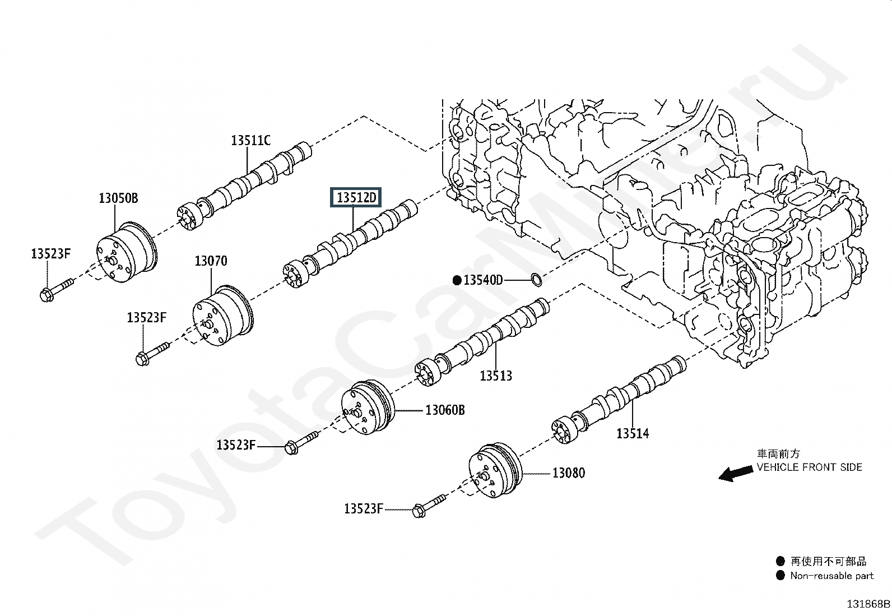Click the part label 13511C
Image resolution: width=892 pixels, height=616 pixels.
(250, 140)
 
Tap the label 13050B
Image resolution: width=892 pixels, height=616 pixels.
(118, 198)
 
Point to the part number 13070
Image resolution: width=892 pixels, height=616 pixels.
(211, 261)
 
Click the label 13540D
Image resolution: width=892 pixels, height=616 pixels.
(483, 280)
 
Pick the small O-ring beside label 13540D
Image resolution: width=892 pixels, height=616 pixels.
(536, 278)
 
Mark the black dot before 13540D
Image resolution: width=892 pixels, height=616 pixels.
(457, 280)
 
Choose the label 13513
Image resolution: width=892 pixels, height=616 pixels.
(496, 376)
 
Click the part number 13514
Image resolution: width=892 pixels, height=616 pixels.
(633, 433)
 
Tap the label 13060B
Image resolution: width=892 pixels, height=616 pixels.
(445, 410)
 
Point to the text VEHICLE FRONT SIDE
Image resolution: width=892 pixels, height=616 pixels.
(809, 467)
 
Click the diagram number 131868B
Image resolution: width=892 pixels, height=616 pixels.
(867, 604)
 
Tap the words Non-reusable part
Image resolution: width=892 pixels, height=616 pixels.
(831, 576)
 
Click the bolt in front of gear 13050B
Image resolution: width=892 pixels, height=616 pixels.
(57, 288)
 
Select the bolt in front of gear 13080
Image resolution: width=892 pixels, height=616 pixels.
(429, 504)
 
